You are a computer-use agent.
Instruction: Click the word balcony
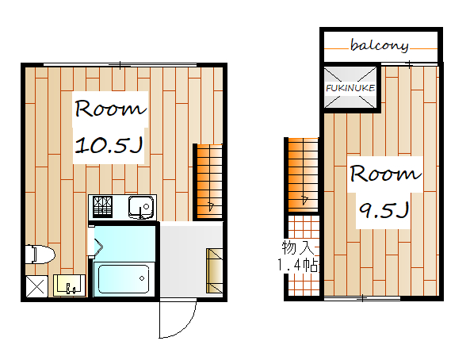click(x=379, y=46)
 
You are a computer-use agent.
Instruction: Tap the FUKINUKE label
click(x=350, y=88)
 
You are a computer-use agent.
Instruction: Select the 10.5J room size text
click(x=109, y=146)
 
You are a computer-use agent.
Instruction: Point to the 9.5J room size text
click(x=384, y=210)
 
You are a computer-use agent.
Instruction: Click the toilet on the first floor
click(x=40, y=255)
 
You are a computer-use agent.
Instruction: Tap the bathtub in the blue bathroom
click(x=124, y=278)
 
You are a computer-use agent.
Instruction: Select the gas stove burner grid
click(x=102, y=206)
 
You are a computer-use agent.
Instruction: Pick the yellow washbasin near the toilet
click(x=69, y=285)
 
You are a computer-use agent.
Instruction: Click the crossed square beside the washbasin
click(x=36, y=286)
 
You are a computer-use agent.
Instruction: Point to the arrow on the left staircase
click(x=211, y=205)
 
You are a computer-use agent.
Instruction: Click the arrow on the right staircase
click(x=304, y=199)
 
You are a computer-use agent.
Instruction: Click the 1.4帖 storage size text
click(x=298, y=265)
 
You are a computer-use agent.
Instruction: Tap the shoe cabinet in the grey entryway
click(x=214, y=270)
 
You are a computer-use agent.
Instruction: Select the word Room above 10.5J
click(x=110, y=109)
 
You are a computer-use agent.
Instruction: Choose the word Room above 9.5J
click(x=385, y=174)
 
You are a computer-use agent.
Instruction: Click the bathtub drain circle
click(x=142, y=278)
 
